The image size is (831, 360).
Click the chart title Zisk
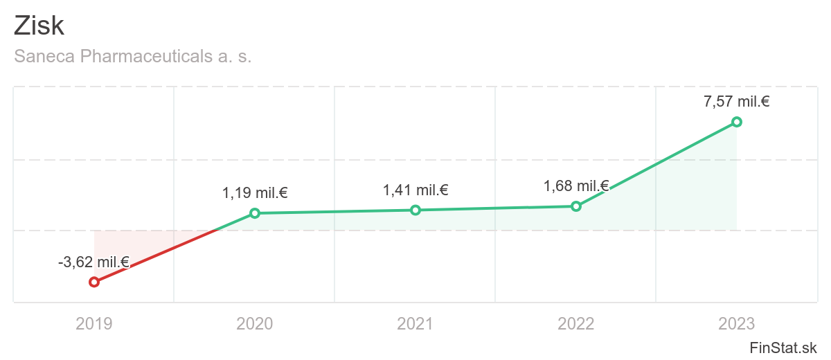pyautogui.click(x=39, y=26)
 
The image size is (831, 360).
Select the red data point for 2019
pyautogui.click(x=94, y=282)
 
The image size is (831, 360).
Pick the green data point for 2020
pyautogui.click(x=255, y=213)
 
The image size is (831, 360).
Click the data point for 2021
pyautogui.click(x=415, y=210)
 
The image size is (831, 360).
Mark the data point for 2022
pyautogui.click(x=575, y=206)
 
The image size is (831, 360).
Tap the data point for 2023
pyautogui.click(x=737, y=122)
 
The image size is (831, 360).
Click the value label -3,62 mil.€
pyautogui.click(x=93, y=262)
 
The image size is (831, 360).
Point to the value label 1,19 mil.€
pyautogui.click(x=255, y=193)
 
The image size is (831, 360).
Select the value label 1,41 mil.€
pyautogui.click(x=415, y=190)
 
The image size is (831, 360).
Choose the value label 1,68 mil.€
pyautogui.click(x=575, y=186)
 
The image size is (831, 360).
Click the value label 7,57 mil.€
pyautogui.click(x=737, y=102)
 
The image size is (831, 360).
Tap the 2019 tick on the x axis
pyautogui.click(x=94, y=323)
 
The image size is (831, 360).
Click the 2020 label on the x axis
pyautogui.click(x=255, y=323)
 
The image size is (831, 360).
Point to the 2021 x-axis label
pyautogui.click(x=415, y=323)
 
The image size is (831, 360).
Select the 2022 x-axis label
pyautogui.click(x=575, y=323)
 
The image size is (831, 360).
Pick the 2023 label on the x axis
pyautogui.click(x=737, y=323)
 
